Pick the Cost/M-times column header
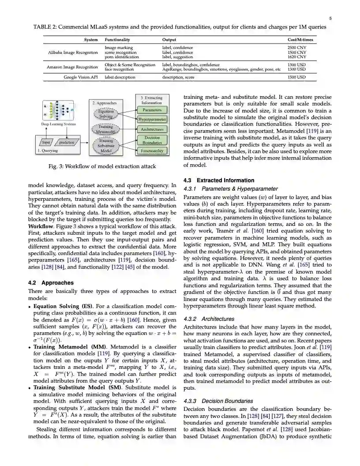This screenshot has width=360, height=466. click(300, 40)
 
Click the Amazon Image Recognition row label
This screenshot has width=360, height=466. click(73, 67)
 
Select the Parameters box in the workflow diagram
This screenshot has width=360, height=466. click(152, 110)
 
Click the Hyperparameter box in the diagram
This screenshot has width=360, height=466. click(152, 119)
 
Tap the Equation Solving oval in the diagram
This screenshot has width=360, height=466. click(106, 114)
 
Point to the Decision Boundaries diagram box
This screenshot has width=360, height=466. click(152, 140)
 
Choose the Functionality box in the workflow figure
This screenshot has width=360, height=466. click(152, 151)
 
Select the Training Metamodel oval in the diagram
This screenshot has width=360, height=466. click(106, 129)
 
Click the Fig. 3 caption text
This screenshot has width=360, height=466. click(102, 166)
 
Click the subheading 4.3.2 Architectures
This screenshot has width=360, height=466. click(209, 319)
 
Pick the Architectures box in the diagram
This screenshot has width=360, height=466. click(152, 129)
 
